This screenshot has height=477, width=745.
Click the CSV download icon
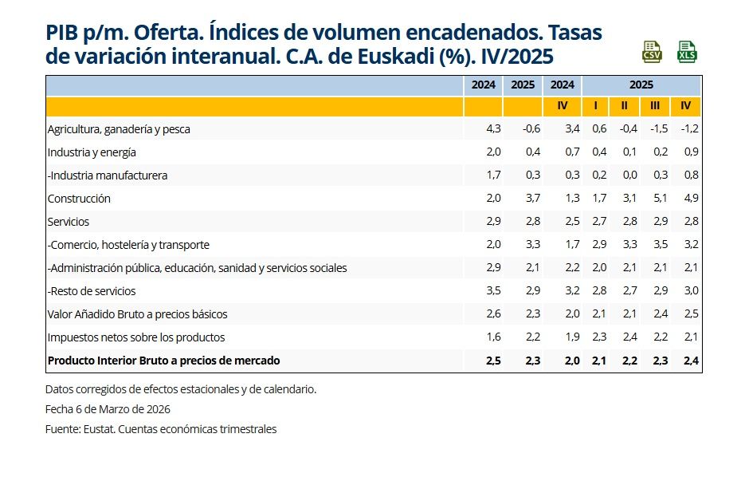(x=653, y=51)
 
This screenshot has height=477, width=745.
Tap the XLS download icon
(x=686, y=51)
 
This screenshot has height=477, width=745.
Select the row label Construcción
(x=79, y=199)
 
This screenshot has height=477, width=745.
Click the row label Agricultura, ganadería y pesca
(x=119, y=129)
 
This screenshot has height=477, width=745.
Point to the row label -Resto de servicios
(x=92, y=291)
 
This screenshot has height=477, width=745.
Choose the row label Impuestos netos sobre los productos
(x=136, y=337)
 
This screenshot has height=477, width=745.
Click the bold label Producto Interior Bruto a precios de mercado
(x=164, y=361)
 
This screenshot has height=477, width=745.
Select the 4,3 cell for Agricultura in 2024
(x=493, y=129)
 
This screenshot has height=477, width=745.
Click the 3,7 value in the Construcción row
(x=532, y=199)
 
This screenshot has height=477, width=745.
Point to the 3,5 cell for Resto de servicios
(x=493, y=291)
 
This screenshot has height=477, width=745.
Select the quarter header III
(x=655, y=106)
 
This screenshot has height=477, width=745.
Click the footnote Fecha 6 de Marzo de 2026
(x=108, y=409)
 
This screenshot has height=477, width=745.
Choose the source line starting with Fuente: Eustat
(x=161, y=429)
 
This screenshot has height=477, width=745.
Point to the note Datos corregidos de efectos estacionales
(x=181, y=389)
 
